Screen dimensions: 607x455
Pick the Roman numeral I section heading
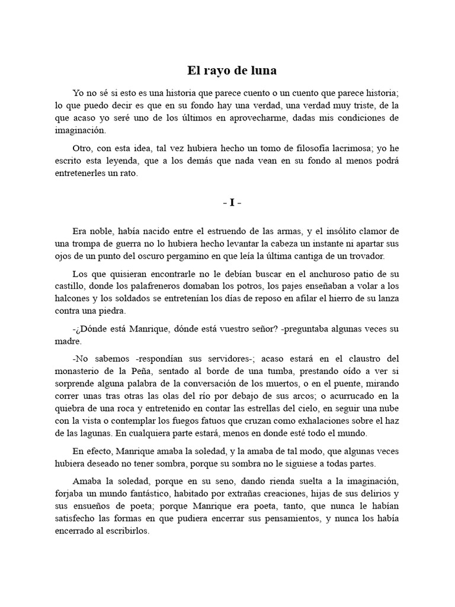(x=232, y=203)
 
